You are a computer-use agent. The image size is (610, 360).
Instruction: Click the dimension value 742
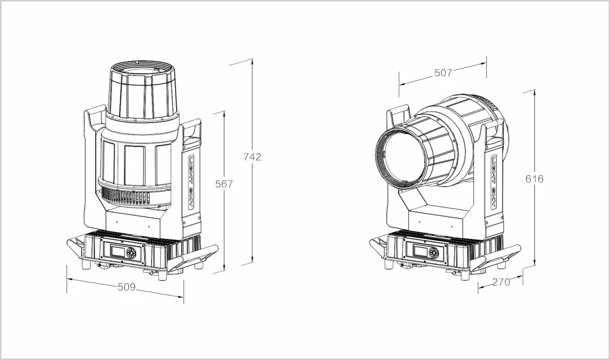click(x=252, y=157)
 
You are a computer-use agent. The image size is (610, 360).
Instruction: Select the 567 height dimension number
click(x=224, y=184)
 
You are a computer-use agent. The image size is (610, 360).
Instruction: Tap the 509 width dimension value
click(x=127, y=287)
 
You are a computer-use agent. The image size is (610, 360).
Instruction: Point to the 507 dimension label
click(x=443, y=73)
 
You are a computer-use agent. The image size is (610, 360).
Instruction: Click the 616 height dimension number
click(x=534, y=179)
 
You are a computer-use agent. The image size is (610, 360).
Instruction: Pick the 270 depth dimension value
click(x=501, y=282)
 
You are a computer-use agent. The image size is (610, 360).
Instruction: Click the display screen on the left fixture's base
click(x=117, y=251)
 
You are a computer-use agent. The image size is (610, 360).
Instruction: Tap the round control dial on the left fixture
click(x=130, y=254)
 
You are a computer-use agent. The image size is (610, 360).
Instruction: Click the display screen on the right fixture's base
click(x=419, y=251)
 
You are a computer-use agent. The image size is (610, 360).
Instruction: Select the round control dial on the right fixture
click(x=432, y=253)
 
